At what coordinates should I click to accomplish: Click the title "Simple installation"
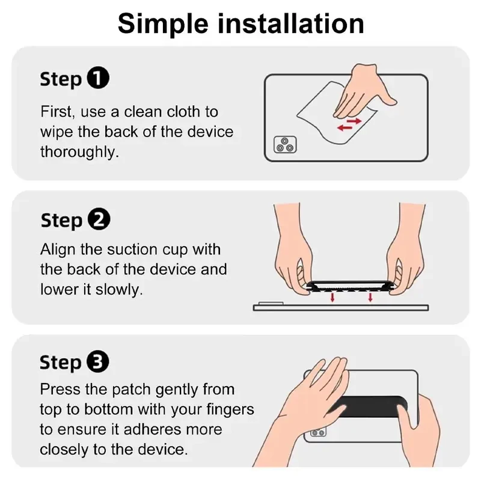241,24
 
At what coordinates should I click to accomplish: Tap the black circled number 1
98,78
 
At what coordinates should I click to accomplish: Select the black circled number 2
99,219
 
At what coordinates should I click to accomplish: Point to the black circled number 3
98,361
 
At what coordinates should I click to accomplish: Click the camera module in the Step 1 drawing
285,144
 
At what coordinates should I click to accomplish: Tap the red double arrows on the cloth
349,124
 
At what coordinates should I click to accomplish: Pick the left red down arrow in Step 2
332,297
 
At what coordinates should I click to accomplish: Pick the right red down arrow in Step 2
370,297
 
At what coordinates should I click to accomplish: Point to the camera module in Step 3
318,432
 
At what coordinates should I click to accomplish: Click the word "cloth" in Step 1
183,112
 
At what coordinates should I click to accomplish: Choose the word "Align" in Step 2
58,250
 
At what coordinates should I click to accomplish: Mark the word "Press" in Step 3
60,389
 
